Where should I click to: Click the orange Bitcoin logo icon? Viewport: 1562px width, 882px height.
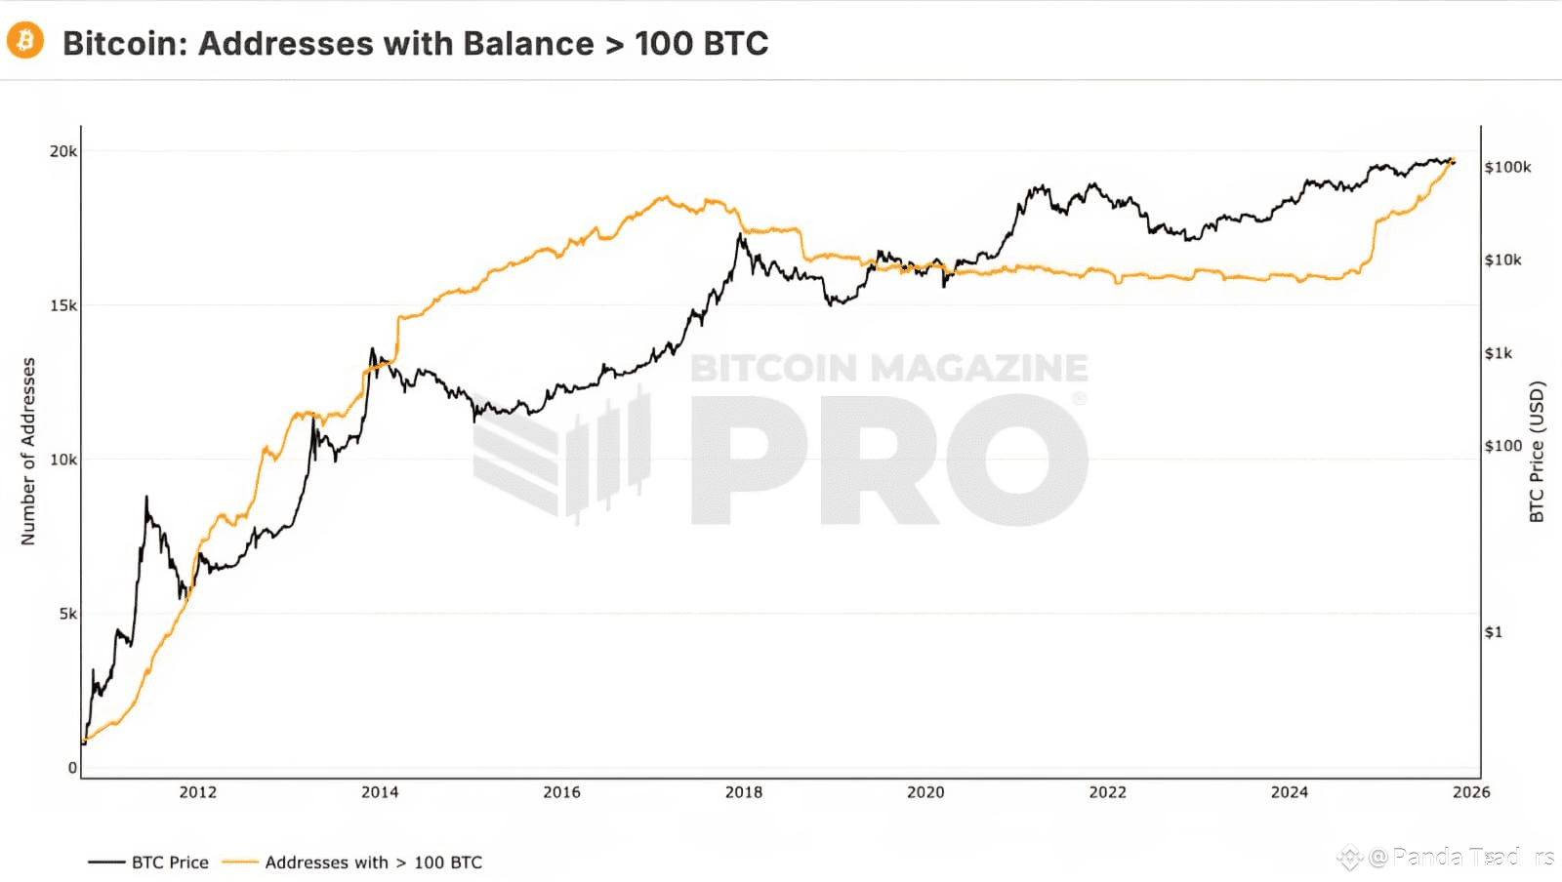pyautogui.click(x=25, y=41)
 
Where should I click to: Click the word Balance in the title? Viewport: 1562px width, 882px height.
pyautogui.click(x=527, y=44)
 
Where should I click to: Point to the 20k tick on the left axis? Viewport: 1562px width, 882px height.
pyautogui.click(x=63, y=151)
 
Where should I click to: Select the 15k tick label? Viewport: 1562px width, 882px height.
pyautogui.click(x=63, y=305)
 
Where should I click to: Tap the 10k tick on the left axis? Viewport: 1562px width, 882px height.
pyautogui.click(x=63, y=460)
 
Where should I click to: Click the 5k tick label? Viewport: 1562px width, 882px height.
pyautogui.click(x=67, y=614)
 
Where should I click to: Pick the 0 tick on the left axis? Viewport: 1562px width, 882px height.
pyautogui.click(x=72, y=768)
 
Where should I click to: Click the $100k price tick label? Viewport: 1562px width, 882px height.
pyautogui.click(x=1507, y=167)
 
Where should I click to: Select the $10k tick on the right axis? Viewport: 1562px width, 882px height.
pyautogui.click(x=1502, y=260)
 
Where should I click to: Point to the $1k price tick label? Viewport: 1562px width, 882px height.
pyautogui.click(x=1499, y=353)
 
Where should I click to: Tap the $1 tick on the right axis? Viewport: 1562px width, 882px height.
pyautogui.click(x=1494, y=632)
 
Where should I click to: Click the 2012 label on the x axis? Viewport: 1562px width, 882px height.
pyautogui.click(x=198, y=792)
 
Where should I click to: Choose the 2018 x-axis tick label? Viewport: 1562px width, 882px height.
pyautogui.click(x=744, y=792)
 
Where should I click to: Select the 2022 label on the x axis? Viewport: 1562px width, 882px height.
pyautogui.click(x=1107, y=792)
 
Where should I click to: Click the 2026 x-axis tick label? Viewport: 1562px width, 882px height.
pyautogui.click(x=1471, y=792)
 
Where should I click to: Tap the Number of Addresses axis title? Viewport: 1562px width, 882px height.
pyautogui.click(x=28, y=451)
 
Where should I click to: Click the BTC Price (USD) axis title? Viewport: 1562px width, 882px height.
pyautogui.click(x=1537, y=451)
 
